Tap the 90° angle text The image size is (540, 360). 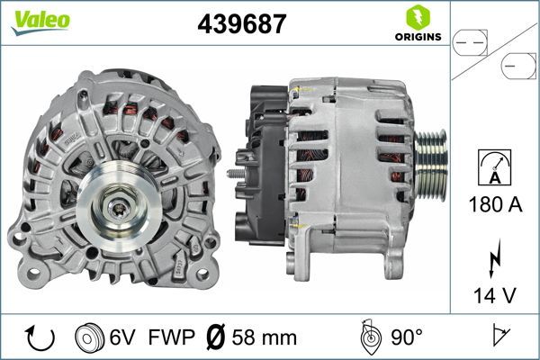coord(407,338)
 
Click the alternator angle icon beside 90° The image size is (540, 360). coord(369,338)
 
